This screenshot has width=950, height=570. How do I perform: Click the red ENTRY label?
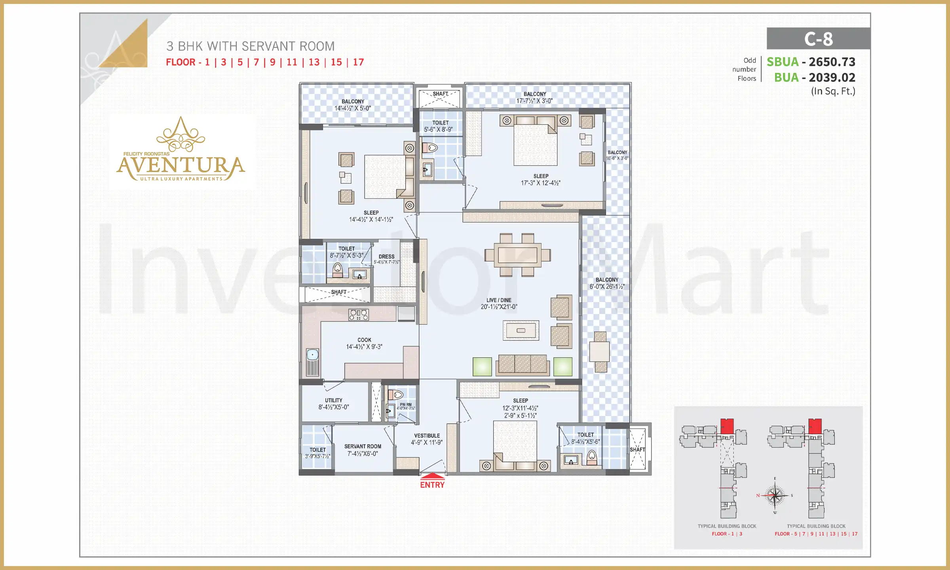click(432, 485)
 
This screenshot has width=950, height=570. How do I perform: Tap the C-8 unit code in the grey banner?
click(818, 39)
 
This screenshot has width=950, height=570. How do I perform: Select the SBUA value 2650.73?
click(832, 62)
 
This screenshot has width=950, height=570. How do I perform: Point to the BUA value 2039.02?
click(832, 78)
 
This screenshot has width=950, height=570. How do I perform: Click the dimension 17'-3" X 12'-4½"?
click(541, 183)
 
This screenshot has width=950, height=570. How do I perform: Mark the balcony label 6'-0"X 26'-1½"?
click(607, 287)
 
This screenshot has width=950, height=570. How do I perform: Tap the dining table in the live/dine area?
click(517, 255)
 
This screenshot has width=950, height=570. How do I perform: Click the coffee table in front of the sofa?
click(521, 331)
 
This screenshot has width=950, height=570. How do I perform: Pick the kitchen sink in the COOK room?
click(312, 354)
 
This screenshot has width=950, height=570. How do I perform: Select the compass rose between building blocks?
click(775, 496)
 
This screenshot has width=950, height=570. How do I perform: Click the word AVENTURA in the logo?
click(180, 166)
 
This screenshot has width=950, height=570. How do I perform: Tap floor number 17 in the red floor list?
click(358, 62)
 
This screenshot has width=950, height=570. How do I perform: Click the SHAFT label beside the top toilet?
click(440, 94)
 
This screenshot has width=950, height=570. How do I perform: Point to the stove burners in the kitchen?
click(359, 315)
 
